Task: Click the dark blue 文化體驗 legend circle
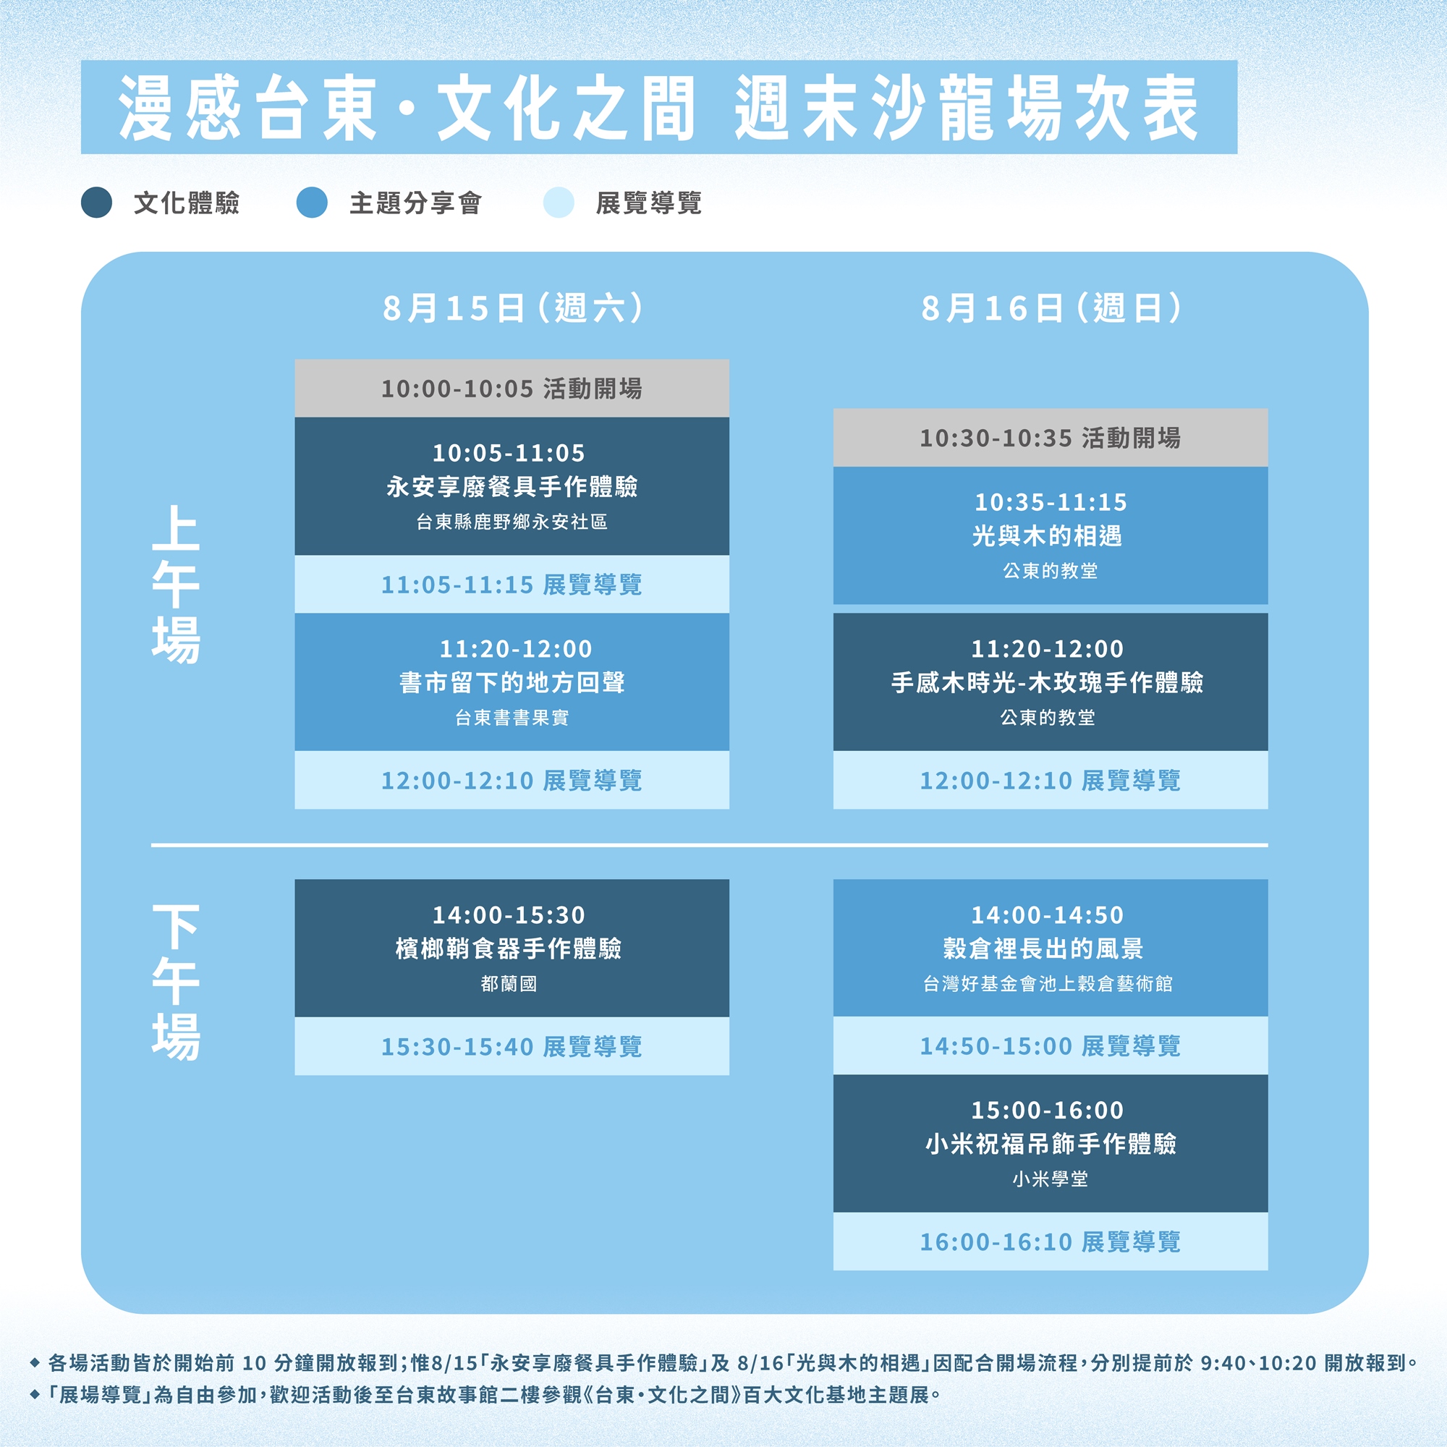click(97, 203)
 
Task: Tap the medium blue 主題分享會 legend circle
click(312, 203)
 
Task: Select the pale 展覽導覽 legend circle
click(558, 203)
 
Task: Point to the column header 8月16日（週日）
click(1051, 307)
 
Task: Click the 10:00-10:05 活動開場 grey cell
click(512, 388)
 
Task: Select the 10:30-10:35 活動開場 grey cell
click(1050, 438)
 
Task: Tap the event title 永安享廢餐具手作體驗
click(512, 487)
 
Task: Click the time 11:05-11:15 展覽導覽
click(512, 584)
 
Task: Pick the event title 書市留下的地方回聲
click(512, 682)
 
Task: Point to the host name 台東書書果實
click(512, 718)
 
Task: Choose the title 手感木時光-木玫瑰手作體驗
click(1047, 682)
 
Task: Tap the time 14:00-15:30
click(509, 915)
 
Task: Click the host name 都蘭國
click(509, 983)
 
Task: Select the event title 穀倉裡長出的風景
click(1043, 949)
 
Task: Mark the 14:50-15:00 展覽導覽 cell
click(1050, 1045)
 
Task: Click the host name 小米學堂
click(1050, 1179)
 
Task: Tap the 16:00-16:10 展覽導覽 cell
click(1050, 1241)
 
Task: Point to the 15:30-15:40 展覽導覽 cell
click(512, 1046)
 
